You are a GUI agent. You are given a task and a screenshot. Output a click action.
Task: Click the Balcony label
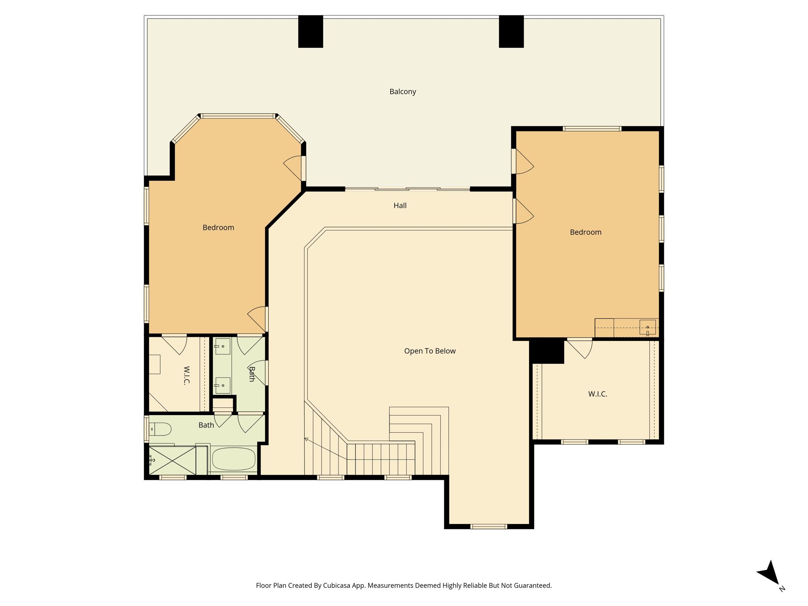pos(402,92)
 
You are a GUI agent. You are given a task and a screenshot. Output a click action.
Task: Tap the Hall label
pos(400,205)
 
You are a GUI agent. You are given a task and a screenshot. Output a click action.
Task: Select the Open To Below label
pos(430,351)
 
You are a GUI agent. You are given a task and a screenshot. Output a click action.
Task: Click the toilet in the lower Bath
pos(160,429)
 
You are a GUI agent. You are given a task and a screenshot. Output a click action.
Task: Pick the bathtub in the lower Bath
pos(234,459)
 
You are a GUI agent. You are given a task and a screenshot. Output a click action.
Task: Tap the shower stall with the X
pos(172,461)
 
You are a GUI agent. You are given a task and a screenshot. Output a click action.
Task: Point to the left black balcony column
pos(310,32)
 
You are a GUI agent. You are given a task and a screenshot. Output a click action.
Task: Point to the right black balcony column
pos(511,32)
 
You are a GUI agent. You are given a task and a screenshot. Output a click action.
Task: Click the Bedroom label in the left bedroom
pos(218,228)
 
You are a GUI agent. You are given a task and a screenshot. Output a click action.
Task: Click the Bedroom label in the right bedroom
pos(585,232)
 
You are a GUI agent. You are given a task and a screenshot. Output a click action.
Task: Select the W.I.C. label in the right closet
pos(597,394)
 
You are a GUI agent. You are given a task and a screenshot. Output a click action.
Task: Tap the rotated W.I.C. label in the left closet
pos(187,375)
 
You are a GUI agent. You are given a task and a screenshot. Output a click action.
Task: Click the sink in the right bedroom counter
pos(647,327)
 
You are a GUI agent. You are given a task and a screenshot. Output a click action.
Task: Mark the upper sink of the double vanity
pos(223,346)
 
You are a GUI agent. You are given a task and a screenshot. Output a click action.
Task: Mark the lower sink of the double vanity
pos(223,385)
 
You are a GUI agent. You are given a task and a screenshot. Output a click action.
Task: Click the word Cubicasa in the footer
pos(338,585)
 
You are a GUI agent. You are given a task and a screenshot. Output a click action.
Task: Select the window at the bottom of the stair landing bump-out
pos(489,526)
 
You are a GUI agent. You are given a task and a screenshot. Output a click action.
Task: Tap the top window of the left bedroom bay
pos(238,116)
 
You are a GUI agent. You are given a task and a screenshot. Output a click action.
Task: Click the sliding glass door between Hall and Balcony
pos(408,189)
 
